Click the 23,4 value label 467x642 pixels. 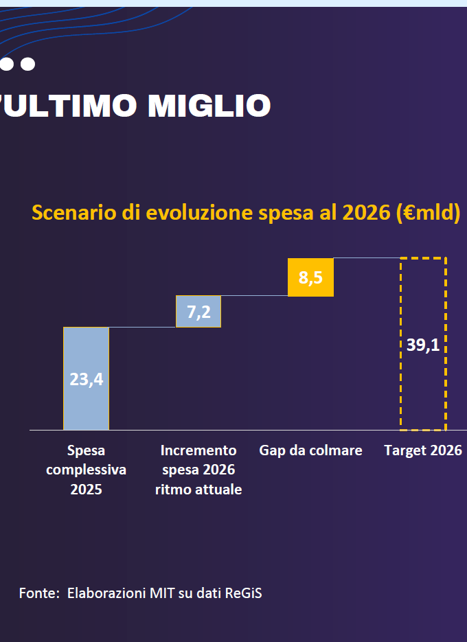pos(86,379)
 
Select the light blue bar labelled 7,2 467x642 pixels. pos(198,312)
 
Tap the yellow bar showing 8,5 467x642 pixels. pos(310,277)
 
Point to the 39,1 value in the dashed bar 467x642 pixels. pos(423,345)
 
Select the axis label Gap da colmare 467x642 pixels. pos(310,450)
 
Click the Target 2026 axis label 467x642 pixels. pos(423,450)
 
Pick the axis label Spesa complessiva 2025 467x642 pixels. pos(86,470)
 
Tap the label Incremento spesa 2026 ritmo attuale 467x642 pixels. pos(198,470)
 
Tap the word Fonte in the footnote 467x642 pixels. pos(38,593)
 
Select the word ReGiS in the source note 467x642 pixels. pos(243,593)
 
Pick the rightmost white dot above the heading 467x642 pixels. pos(27,64)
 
